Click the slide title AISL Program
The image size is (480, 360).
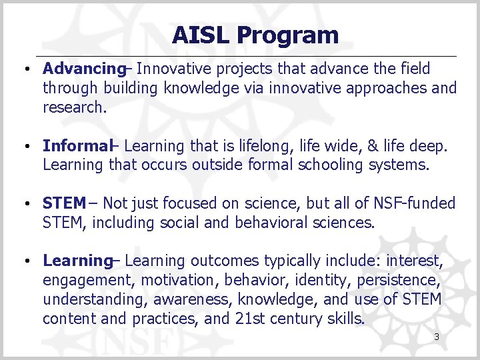[255, 35]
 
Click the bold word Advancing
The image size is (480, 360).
[83, 69]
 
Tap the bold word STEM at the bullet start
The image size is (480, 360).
[64, 203]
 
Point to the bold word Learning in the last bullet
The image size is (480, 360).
[77, 261]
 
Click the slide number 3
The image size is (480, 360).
[436, 337]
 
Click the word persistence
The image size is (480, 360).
[411, 280]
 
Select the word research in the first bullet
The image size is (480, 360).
[73, 107]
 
